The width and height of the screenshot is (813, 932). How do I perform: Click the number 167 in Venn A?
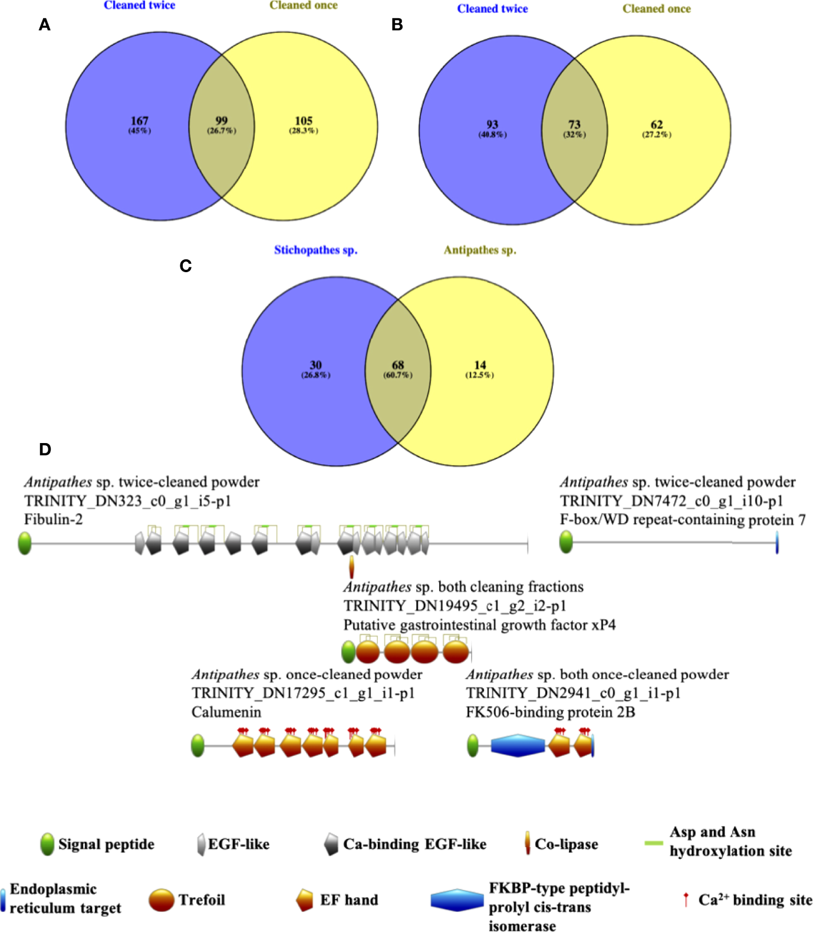pyautogui.click(x=139, y=121)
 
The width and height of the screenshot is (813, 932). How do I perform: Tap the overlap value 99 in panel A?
pyautogui.click(x=221, y=121)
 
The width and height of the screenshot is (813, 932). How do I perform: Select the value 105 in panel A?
pyautogui.click(x=304, y=121)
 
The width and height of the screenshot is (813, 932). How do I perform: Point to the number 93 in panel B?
pyautogui.click(x=492, y=124)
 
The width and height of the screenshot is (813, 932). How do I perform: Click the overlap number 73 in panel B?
pyautogui.click(x=574, y=124)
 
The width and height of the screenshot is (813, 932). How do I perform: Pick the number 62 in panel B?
pyautogui.click(x=657, y=124)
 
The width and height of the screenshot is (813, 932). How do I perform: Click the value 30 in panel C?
pyautogui.click(x=315, y=365)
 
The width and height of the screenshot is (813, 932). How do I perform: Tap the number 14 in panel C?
pyautogui.click(x=480, y=365)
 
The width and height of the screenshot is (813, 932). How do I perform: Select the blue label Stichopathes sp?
pyautogui.click(x=315, y=250)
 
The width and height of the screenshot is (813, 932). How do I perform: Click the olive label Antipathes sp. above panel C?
pyautogui.click(x=480, y=250)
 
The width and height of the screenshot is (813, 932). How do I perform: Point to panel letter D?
pyautogui.click(x=45, y=450)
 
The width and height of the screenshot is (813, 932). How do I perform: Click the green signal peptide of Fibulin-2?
pyautogui.click(x=25, y=543)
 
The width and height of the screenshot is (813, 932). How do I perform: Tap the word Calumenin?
pyautogui.click(x=226, y=712)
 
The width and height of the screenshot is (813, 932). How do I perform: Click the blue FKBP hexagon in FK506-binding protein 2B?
pyautogui.click(x=517, y=746)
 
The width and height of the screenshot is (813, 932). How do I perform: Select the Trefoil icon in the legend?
pyautogui.click(x=162, y=900)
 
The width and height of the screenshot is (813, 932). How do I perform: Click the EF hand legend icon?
pyautogui.click(x=304, y=900)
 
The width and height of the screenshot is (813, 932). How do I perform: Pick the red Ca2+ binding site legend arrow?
pyautogui.click(x=686, y=900)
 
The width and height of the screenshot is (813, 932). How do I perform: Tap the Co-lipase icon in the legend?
pyautogui.click(x=528, y=844)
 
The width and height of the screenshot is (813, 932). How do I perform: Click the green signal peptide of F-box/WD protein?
pyautogui.click(x=566, y=542)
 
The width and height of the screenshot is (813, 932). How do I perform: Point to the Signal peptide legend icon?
pyautogui.click(x=47, y=844)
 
